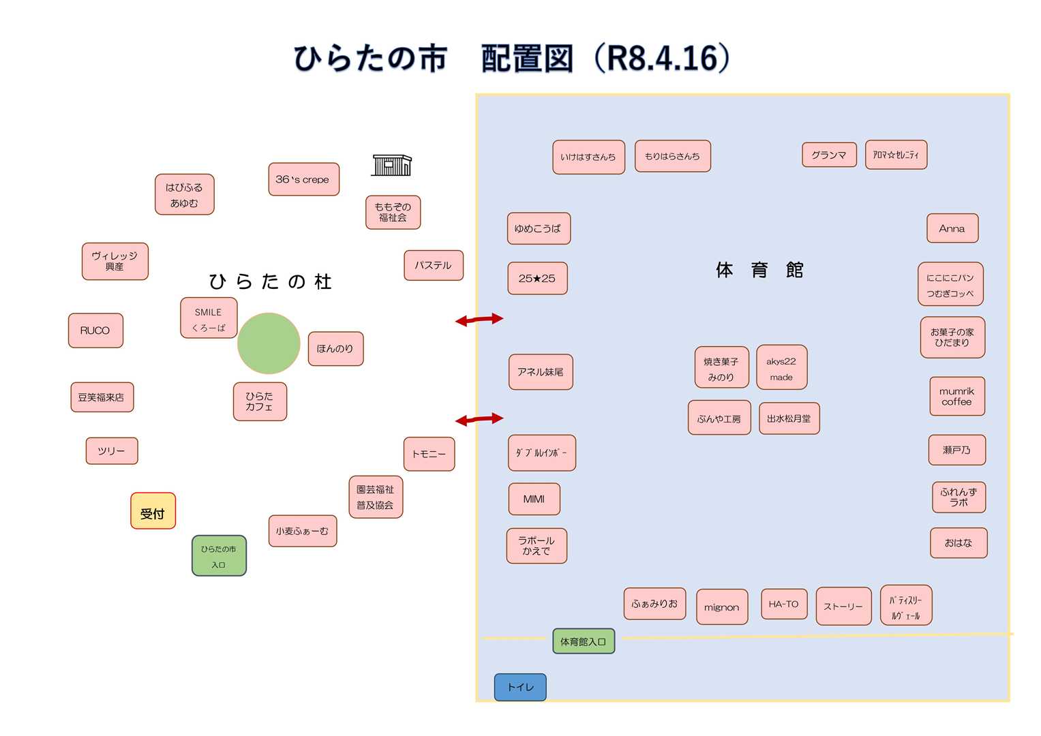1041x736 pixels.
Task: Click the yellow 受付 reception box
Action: [153, 511]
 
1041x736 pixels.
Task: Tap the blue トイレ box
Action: [520, 687]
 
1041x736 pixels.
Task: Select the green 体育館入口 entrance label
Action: [584, 641]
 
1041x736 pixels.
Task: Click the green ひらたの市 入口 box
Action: [219, 556]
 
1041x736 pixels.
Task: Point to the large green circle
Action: [269, 343]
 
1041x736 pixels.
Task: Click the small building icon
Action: [392, 165]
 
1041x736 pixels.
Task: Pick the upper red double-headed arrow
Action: [479, 319]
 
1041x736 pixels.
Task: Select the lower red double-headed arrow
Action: [479, 419]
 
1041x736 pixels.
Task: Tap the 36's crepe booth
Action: [303, 179]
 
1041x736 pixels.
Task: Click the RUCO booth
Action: [95, 331]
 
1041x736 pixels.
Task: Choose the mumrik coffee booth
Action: [957, 397]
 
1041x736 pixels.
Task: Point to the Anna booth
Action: [952, 228]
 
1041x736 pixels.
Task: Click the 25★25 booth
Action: [537, 278]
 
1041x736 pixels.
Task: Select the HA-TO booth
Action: [784, 604]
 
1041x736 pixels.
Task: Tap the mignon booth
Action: [722, 607]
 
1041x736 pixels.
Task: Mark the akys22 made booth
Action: [781, 368]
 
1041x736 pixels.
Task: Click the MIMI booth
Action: [534, 499]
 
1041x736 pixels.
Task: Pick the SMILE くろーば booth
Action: [209, 318]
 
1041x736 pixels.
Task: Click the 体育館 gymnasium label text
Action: [759, 270]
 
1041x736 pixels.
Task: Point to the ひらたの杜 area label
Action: [270, 281]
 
